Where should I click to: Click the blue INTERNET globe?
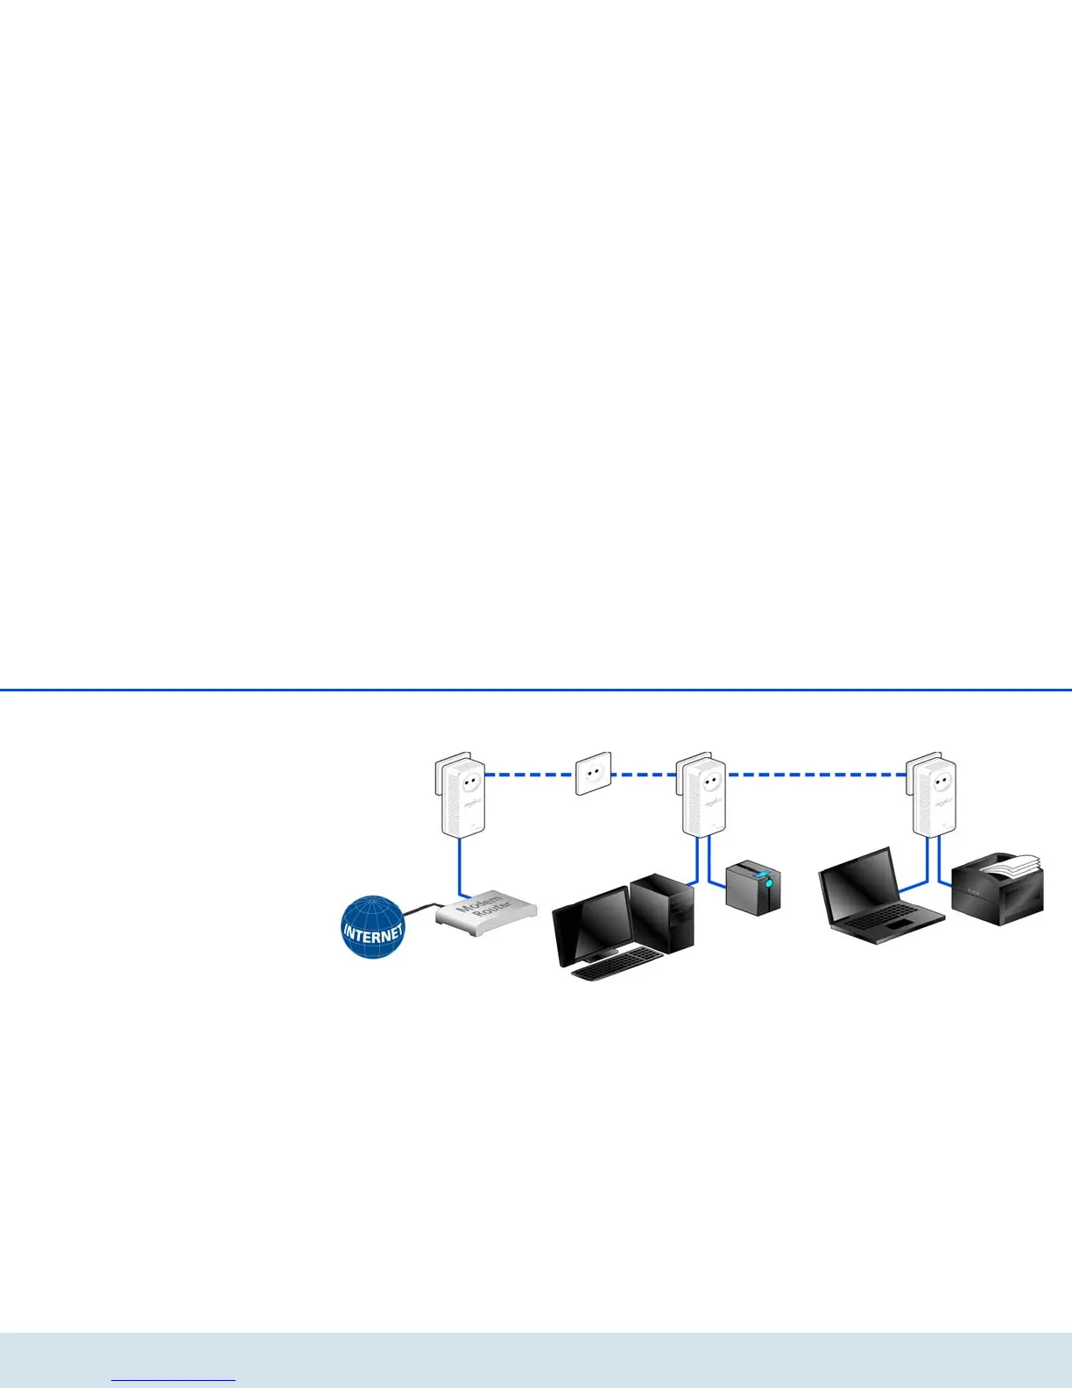click(x=373, y=927)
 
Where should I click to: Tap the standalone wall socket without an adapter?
click(x=593, y=774)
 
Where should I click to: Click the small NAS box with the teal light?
click(x=753, y=887)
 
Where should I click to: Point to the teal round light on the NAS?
click(x=768, y=885)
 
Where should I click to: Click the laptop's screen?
click(x=859, y=887)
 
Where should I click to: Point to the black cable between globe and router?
click(x=419, y=911)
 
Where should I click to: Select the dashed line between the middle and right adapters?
click(x=819, y=775)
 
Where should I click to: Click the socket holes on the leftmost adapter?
click(x=469, y=777)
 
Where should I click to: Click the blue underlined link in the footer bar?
click(x=174, y=1380)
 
